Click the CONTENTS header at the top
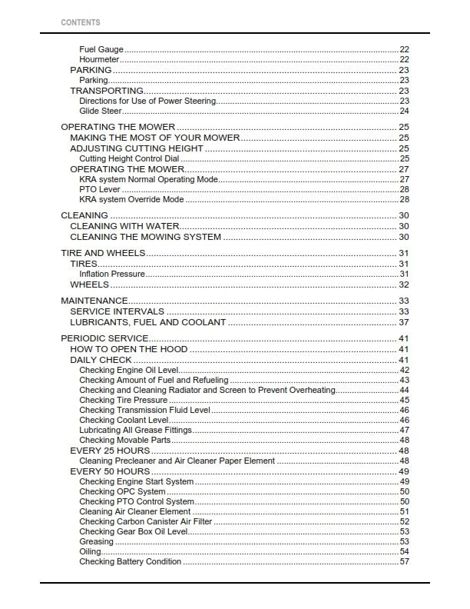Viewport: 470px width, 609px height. click(80, 22)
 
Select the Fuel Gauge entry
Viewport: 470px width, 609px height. click(101, 49)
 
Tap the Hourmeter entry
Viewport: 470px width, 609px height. click(100, 59)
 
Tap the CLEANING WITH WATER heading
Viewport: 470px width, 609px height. click(124, 227)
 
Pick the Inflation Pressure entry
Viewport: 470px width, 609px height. click(112, 274)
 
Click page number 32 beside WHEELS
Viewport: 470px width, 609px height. click(404, 285)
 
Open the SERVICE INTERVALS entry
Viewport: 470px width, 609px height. click(117, 311)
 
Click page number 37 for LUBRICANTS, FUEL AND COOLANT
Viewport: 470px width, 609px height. click(404, 322)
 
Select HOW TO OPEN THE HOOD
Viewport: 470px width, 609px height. click(129, 349)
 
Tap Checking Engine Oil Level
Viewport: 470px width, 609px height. click(128, 370)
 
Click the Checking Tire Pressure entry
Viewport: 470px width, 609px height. click(123, 400)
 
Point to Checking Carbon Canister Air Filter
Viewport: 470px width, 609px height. click(143, 521)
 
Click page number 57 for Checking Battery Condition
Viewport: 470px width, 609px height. click(404, 561)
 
